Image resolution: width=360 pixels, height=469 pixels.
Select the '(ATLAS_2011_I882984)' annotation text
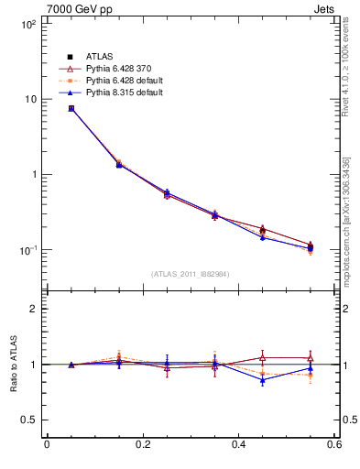pyautogui.click(x=191, y=274)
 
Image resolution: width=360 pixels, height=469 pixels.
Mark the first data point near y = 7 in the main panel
pyautogui.click(x=71, y=108)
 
